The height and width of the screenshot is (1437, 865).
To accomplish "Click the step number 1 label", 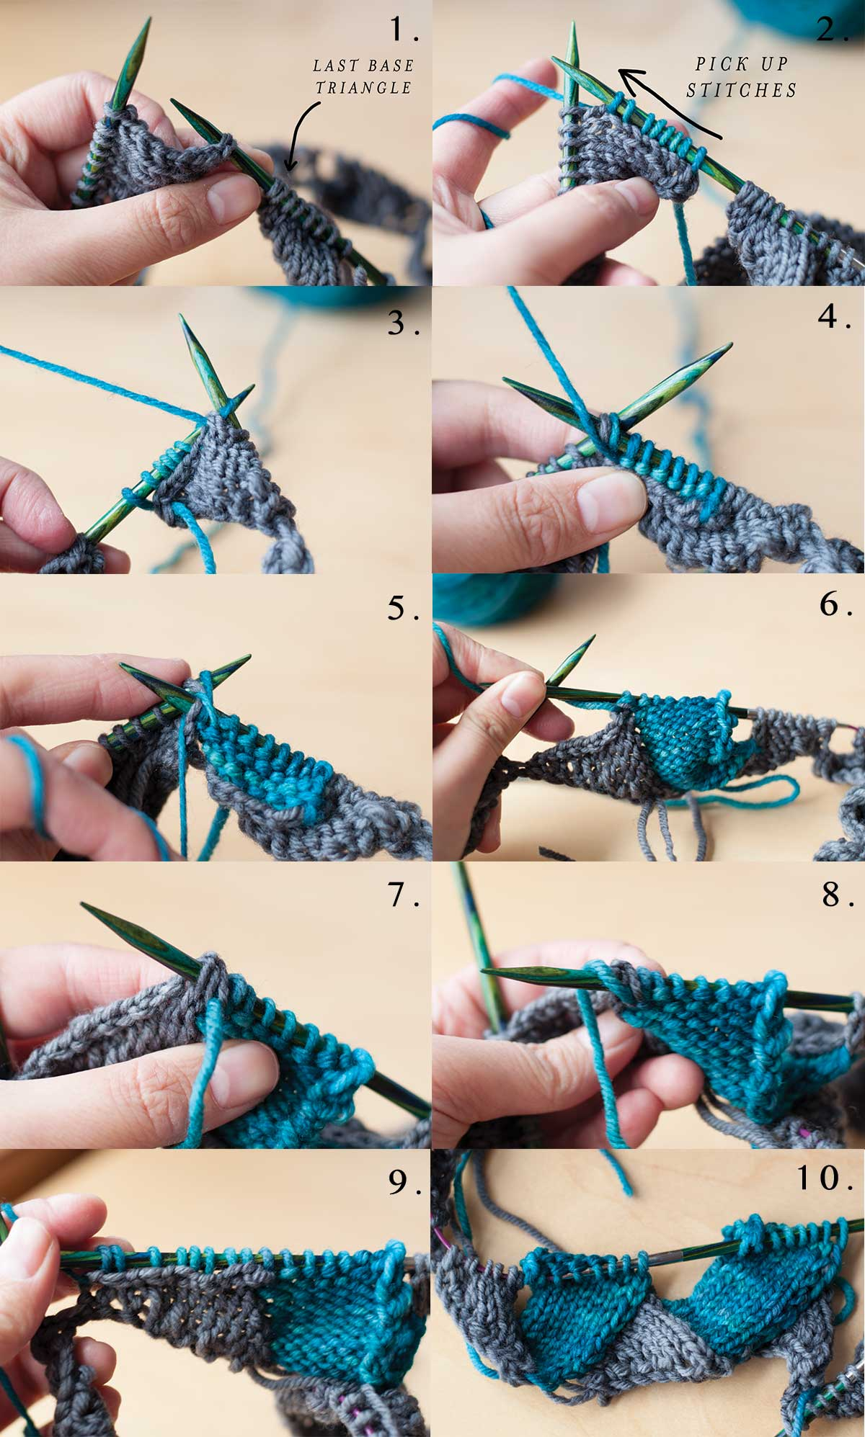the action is (x=404, y=30).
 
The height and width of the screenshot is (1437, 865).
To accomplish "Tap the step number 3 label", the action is (x=404, y=323).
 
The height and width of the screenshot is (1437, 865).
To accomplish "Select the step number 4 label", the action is (x=837, y=316).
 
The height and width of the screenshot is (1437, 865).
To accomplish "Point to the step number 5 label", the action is (x=404, y=609).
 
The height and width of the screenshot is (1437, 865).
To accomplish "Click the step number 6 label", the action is (x=837, y=604).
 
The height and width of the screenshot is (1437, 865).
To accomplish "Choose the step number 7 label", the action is (x=404, y=895).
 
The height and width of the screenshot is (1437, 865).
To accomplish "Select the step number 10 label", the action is (x=826, y=1178).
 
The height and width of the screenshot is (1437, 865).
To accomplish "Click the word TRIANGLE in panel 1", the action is (x=363, y=88).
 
